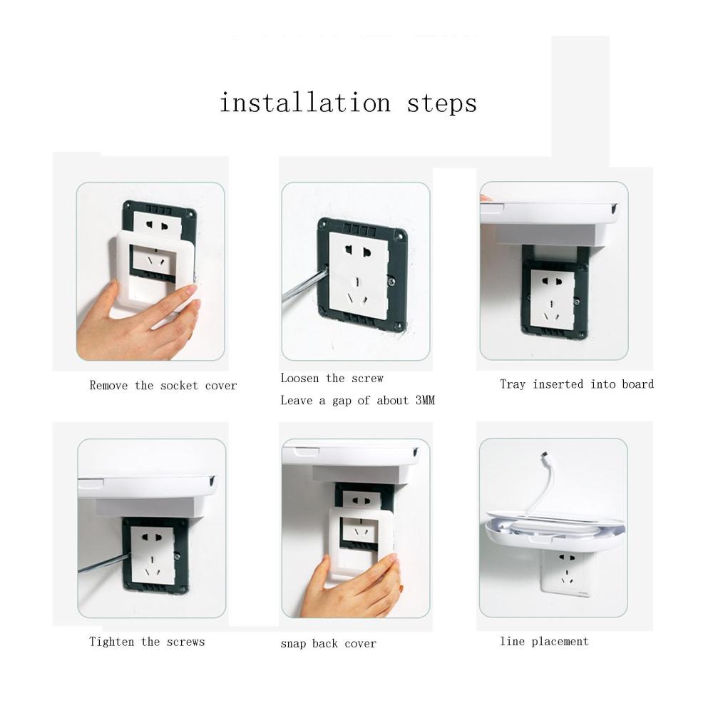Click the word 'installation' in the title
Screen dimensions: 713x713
pos(305,102)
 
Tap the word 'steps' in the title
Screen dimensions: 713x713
pos(442,104)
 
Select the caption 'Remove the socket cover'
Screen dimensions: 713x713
pos(163,386)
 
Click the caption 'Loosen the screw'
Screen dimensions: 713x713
pos(332,378)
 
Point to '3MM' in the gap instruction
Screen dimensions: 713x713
pos(425,400)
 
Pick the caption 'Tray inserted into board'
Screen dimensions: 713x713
pos(577,384)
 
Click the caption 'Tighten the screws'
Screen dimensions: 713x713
pos(148,642)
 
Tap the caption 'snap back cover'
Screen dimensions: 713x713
pos(328,643)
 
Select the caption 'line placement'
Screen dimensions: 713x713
pos(544,641)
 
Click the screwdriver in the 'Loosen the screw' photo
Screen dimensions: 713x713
pos(304,285)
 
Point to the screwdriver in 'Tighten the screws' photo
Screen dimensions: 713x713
pos(105,563)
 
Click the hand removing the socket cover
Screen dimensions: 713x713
pos(136,322)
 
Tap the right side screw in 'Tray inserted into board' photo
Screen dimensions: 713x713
pos(577,301)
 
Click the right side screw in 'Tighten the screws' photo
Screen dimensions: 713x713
pos(177,555)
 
